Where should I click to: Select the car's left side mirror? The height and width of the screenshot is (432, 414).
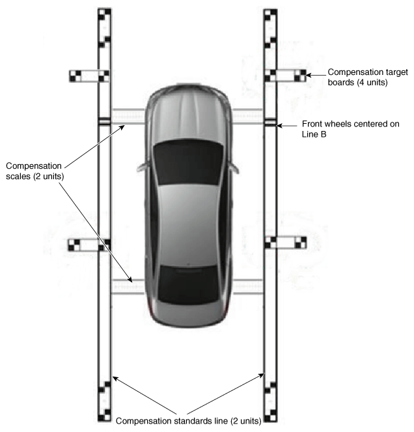[142, 167]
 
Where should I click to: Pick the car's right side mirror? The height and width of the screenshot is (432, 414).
[234, 167]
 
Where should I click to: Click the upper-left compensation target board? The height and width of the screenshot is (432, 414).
[89, 76]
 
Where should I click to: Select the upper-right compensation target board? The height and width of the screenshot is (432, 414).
[286, 76]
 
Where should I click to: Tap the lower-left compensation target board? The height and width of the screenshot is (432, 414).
[89, 245]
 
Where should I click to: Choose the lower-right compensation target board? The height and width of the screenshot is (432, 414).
[286, 243]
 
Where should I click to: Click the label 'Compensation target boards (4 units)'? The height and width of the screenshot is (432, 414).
[368, 77]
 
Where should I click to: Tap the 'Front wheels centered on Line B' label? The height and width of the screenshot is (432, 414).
[350, 128]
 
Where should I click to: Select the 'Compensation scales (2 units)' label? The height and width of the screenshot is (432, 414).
[34, 171]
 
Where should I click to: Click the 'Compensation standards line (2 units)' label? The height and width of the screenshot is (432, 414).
[189, 421]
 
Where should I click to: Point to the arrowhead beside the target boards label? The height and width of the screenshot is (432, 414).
[309, 75]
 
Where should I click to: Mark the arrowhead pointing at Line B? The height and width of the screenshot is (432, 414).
[279, 126]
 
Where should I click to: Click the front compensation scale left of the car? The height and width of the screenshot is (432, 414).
[128, 117]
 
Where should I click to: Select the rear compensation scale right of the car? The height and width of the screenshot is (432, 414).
[248, 287]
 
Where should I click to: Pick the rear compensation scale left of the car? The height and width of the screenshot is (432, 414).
[128, 287]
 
